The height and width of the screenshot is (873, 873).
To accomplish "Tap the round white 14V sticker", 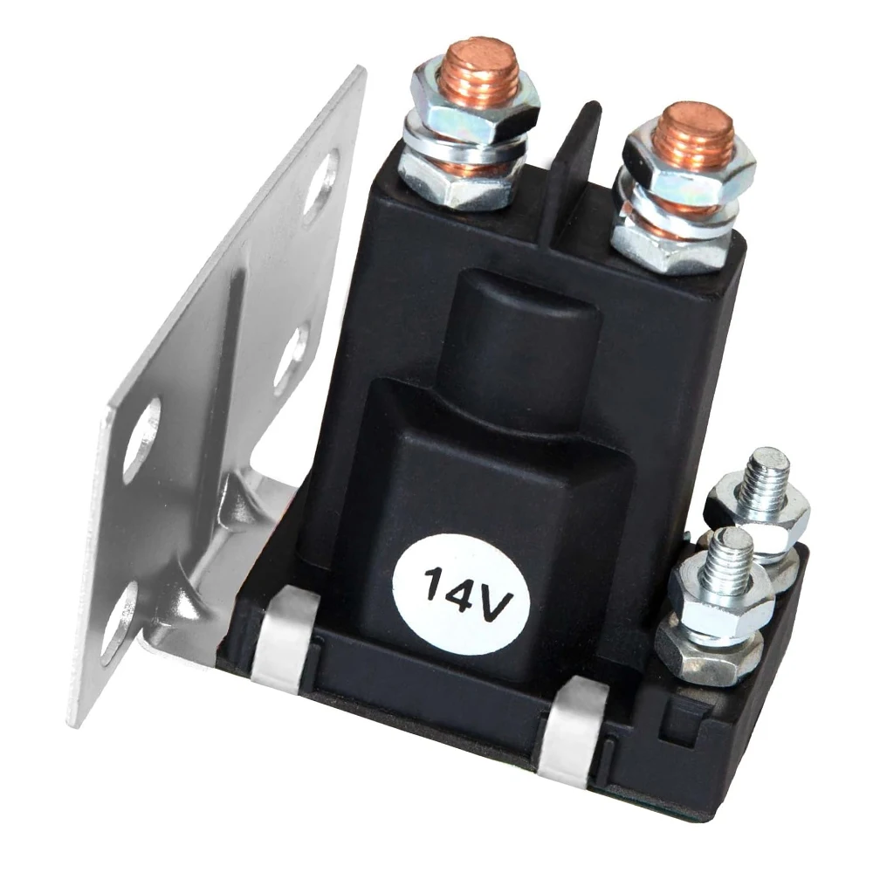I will tap(461, 594).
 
